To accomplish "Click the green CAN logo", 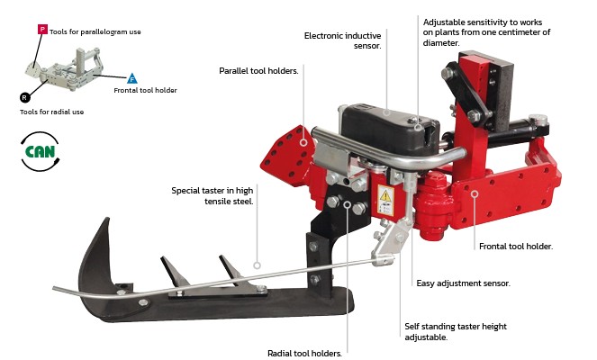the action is click(x=40, y=151).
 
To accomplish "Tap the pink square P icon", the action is click(x=42, y=30).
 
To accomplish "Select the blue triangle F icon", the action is click(x=131, y=79).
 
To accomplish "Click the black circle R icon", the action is click(x=24, y=98).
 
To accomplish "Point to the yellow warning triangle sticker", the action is click(x=385, y=196).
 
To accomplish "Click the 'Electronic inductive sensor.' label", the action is click(x=342, y=40).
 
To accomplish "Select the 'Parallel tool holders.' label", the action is click(x=258, y=71).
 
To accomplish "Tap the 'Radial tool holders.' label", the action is click(x=304, y=353).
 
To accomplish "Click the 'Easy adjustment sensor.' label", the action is click(x=463, y=283).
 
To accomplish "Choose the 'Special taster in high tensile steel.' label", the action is click(x=213, y=195).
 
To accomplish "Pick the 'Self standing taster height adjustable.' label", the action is click(x=456, y=331).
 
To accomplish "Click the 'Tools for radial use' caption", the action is click(x=52, y=112).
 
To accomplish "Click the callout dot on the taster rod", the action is click(x=257, y=265).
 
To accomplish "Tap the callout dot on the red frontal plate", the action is click(x=475, y=194).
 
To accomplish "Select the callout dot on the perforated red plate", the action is click(x=303, y=142).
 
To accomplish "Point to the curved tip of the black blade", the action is click(x=107, y=219).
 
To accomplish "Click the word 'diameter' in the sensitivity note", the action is click(x=440, y=43).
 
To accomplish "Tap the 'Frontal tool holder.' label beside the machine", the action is click(x=516, y=247).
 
